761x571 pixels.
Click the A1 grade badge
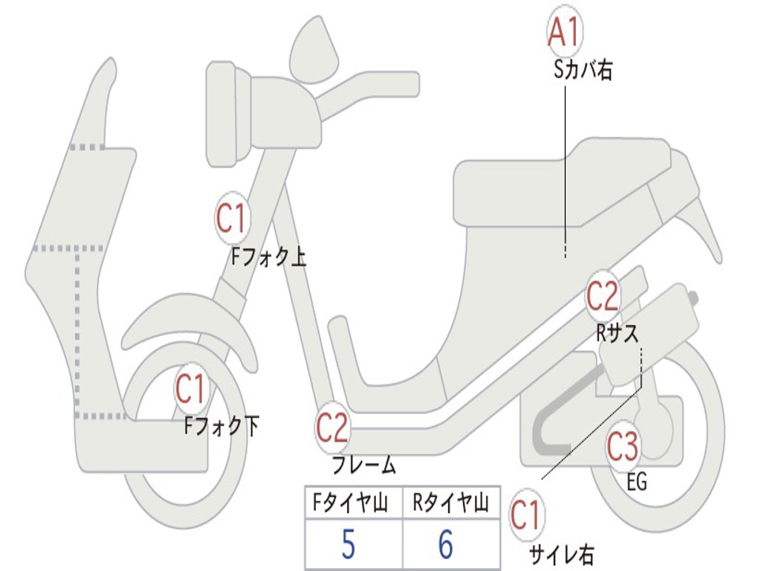[564, 32]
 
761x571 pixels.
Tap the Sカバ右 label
[583, 71]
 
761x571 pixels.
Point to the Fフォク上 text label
[268, 258]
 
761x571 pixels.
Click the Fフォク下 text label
[222, 426]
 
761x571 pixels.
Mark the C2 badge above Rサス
[602, 296]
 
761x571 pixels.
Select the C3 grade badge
[623, 447]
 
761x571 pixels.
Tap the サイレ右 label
[561, 554]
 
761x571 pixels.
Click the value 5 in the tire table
[348, 546]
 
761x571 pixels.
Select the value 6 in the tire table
[445, 546]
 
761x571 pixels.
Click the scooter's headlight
[223, 114]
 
